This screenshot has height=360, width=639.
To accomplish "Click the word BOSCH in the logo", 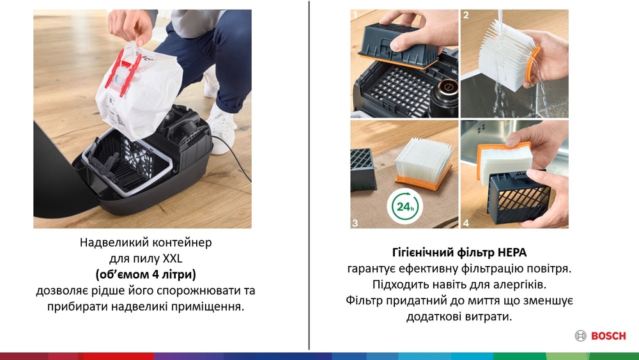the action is pos(608,336).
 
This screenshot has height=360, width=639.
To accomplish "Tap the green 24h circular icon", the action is pos(404,207).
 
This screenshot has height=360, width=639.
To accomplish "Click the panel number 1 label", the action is pos(355,15).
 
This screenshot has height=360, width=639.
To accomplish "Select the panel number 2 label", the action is pos(466,15).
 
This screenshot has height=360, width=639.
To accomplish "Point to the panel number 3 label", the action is pos(355,223).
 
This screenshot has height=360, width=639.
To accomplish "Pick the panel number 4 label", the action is pos(466,223).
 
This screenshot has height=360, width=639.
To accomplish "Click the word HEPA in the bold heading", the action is pos(512,253).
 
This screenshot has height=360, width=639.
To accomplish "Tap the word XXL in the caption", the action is pos(173,258).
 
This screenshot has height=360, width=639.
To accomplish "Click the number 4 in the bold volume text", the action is pos(156,274).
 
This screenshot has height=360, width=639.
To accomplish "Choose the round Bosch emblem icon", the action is pos(581,336).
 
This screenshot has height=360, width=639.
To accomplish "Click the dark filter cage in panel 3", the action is pos(364,169).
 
